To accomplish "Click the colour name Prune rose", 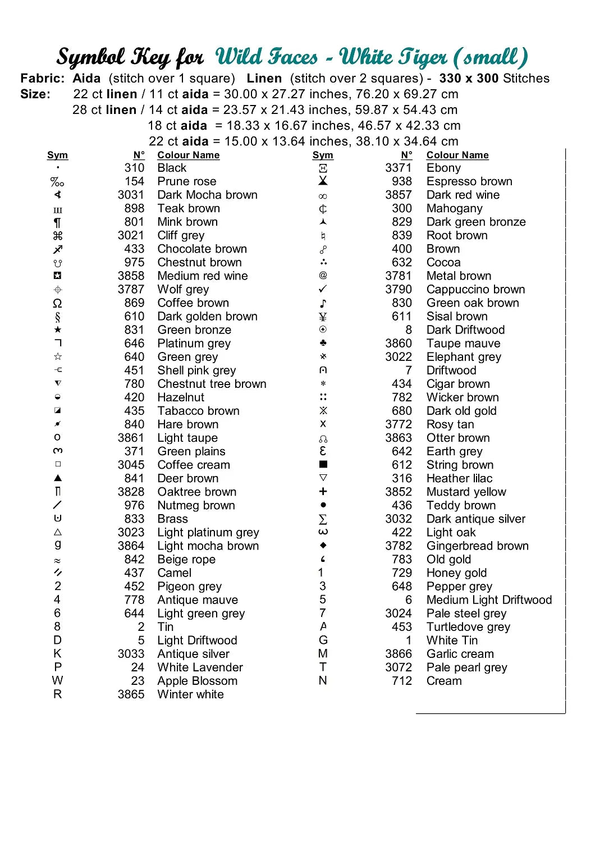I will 186,181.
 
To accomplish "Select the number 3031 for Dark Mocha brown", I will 131,195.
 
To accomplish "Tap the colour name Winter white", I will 190,694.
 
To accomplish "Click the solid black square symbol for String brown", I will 323,464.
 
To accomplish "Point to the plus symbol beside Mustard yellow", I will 323,491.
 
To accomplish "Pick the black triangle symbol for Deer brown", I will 57,478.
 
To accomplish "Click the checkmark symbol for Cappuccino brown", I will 323,289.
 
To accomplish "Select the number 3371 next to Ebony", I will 398,168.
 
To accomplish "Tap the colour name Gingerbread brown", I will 477,546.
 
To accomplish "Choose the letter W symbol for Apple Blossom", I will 57,680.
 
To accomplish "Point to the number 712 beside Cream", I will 402,681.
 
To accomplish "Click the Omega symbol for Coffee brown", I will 57,303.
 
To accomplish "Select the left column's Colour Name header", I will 188,155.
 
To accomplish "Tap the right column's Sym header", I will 323,155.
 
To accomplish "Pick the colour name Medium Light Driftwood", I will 489,600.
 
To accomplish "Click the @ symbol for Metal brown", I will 323,275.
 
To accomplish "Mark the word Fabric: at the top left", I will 43,78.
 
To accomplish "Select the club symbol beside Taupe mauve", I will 323,342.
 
